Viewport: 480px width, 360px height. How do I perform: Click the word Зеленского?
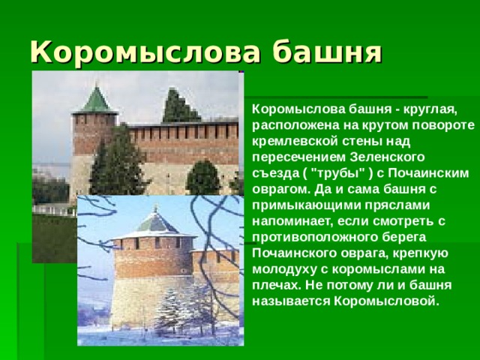pos(387,158)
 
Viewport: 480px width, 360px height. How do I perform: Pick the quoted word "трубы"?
pos(333,172)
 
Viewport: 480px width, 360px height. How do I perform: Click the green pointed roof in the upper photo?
pos(96,100)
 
